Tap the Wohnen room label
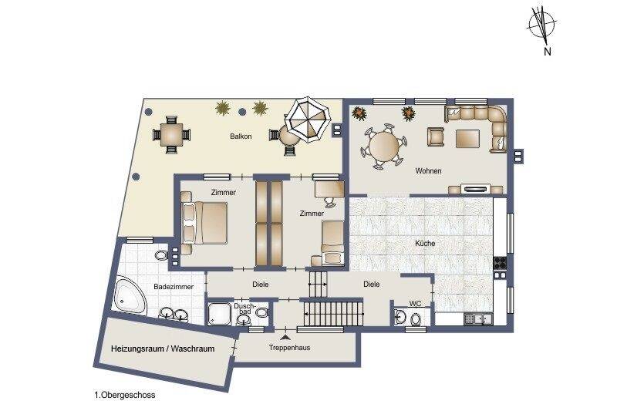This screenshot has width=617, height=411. pyautogui.click(x=428, y=170)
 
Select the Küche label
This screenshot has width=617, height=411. pyautogui.click(x=424, y=244)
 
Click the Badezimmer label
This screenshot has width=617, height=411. pyautogui.click(x=173, y=286)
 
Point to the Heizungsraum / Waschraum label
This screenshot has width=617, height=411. pyautogui.click(x=162, y=349)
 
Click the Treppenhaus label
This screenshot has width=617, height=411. pyautogui.click(x=289, y=348)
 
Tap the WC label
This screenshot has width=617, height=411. pyautogui.click(x=415, y=304)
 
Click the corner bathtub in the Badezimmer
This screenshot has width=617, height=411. pyautogui.click(x=131, y=296)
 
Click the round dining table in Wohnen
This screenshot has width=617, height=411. pyautogui.click(x=385, y=145)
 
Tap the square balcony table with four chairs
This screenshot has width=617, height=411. pyautogui.click(x=170, y=135)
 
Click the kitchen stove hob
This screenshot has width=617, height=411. pyautogui.click(x=501, y=262)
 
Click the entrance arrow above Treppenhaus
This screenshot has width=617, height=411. pyautogui.click(x=286, y=336)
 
